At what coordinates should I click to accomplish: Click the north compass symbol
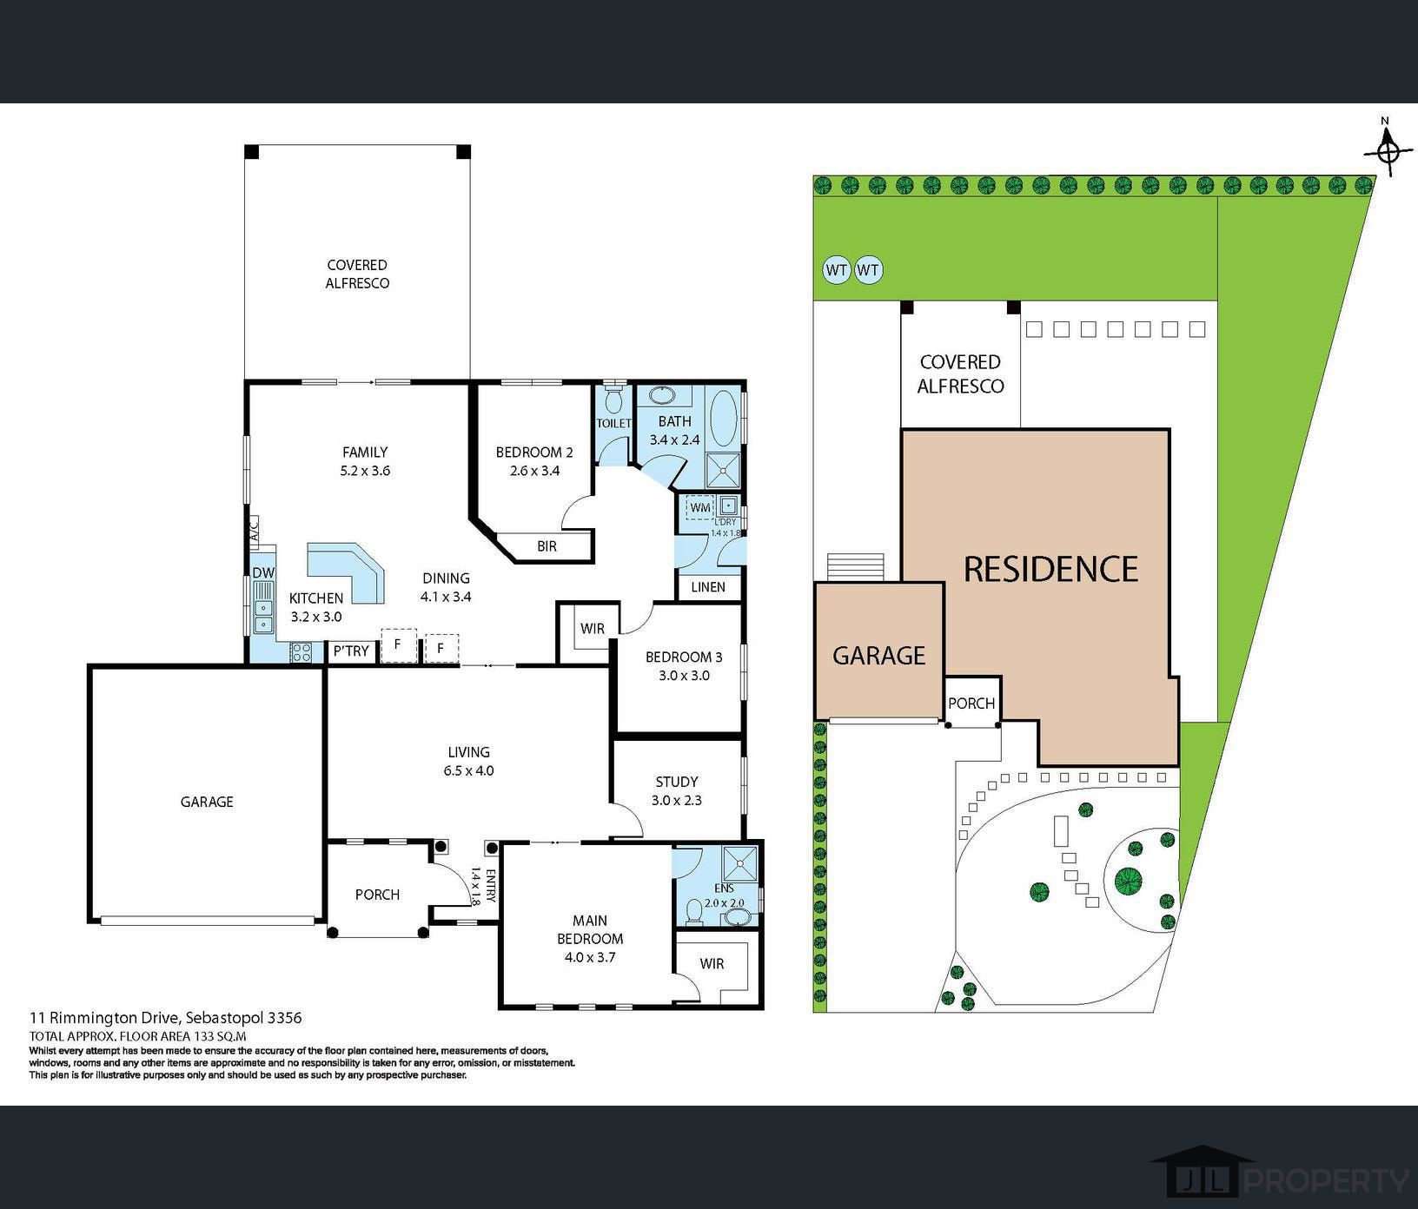(x=1388, y=150)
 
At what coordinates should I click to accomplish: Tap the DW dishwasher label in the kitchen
(x=262, y=572)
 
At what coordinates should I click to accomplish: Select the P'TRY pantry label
(x=351, y=651)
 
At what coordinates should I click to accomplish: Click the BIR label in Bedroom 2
(x=547, y=546)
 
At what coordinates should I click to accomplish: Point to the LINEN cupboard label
(x=708, y=587)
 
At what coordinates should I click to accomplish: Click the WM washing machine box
(x=700, y=507)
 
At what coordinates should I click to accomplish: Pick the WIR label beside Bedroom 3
(x=593, y=629)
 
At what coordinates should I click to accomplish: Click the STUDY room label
(x=677, y=782)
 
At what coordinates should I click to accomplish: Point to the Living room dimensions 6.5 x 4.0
(x=469, y=770)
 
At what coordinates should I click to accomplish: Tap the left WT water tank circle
(x=836, y=270)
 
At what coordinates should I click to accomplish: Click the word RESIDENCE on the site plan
(x=1050, y=569)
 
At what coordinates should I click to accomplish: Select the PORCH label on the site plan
(x=971, y=704)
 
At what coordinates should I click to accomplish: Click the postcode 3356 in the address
(x=286, y=1017)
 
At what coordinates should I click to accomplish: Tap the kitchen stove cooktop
(x=301, y=652)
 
